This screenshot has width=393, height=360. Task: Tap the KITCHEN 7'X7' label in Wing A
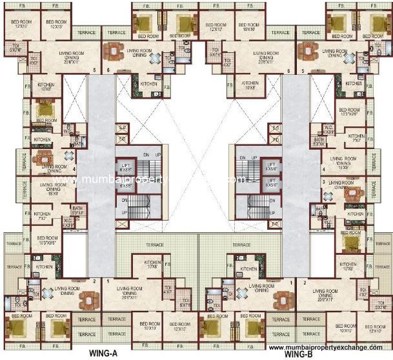(x=42, y=217)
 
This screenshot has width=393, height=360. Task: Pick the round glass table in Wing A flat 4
(x=69, y=155)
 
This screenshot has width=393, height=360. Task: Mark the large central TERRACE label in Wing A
(x=154, y=245)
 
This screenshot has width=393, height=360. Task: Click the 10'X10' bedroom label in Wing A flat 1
(x=150, y=325)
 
